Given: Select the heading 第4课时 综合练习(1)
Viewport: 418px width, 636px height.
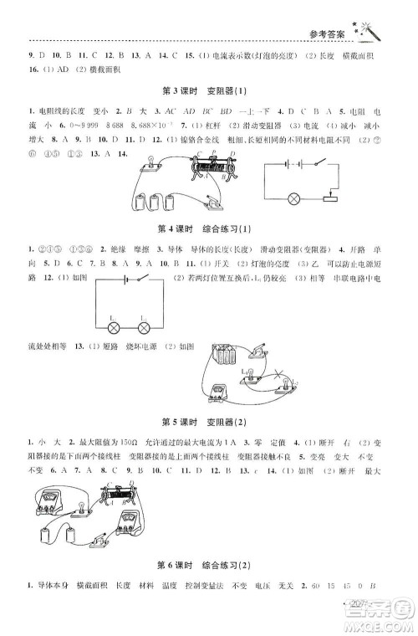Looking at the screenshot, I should [210, 228].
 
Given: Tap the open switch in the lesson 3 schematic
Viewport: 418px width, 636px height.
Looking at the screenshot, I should [313, 166].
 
